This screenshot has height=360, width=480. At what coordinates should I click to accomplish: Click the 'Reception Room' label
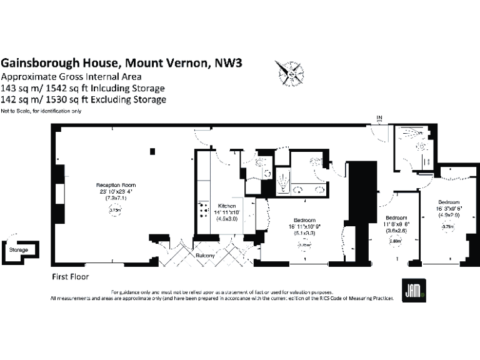point(116,186)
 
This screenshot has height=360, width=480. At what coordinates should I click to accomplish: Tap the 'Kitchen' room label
point(226,205)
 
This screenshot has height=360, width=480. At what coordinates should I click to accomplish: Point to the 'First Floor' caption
point(70,276)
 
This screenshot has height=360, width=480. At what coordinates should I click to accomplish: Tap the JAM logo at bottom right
point(412,291)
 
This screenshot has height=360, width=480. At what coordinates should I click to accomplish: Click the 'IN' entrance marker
point(379,117)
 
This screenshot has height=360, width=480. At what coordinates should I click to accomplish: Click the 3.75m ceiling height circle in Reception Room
point(115,211)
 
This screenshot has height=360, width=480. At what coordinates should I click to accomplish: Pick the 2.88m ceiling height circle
point(394,239)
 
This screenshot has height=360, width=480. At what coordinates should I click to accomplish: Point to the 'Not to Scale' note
point(17,111)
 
